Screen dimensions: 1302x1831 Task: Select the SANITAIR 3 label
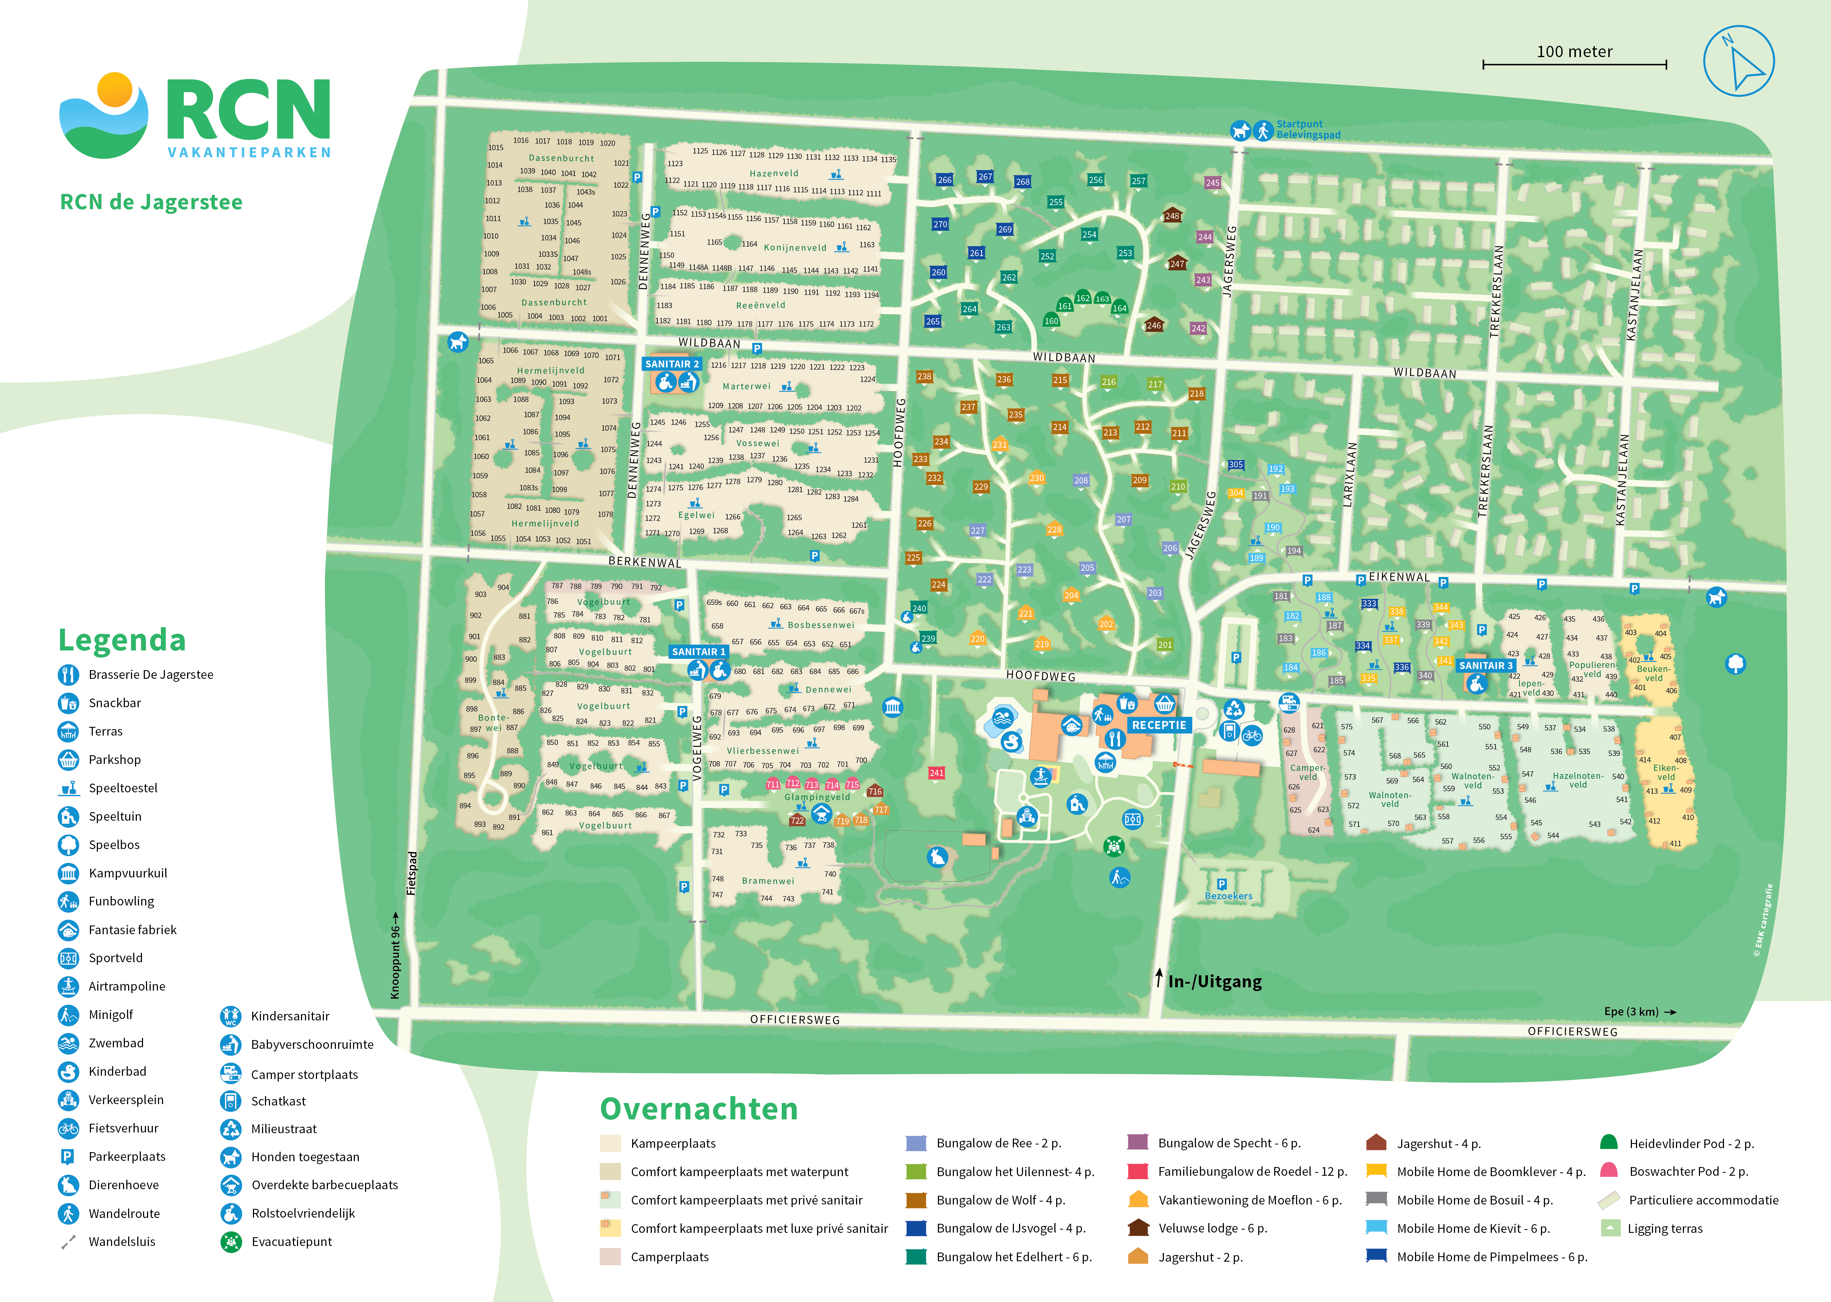coord(1485,665)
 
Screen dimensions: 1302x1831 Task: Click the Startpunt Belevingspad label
coord(1307,129)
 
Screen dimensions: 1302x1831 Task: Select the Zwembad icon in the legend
coord(69,1043)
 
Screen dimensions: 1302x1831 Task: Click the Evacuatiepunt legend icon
coord(231,1242)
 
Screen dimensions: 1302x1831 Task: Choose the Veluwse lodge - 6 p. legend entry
coord(1212,1228)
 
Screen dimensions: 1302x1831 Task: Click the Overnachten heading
coord(698,1109)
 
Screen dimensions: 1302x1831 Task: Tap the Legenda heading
coord(122,640)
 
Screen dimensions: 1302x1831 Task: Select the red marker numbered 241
coord(936,773)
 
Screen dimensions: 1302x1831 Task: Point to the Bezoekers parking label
coord(1228,896)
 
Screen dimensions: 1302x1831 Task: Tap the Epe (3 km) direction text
coord(1630,1012)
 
